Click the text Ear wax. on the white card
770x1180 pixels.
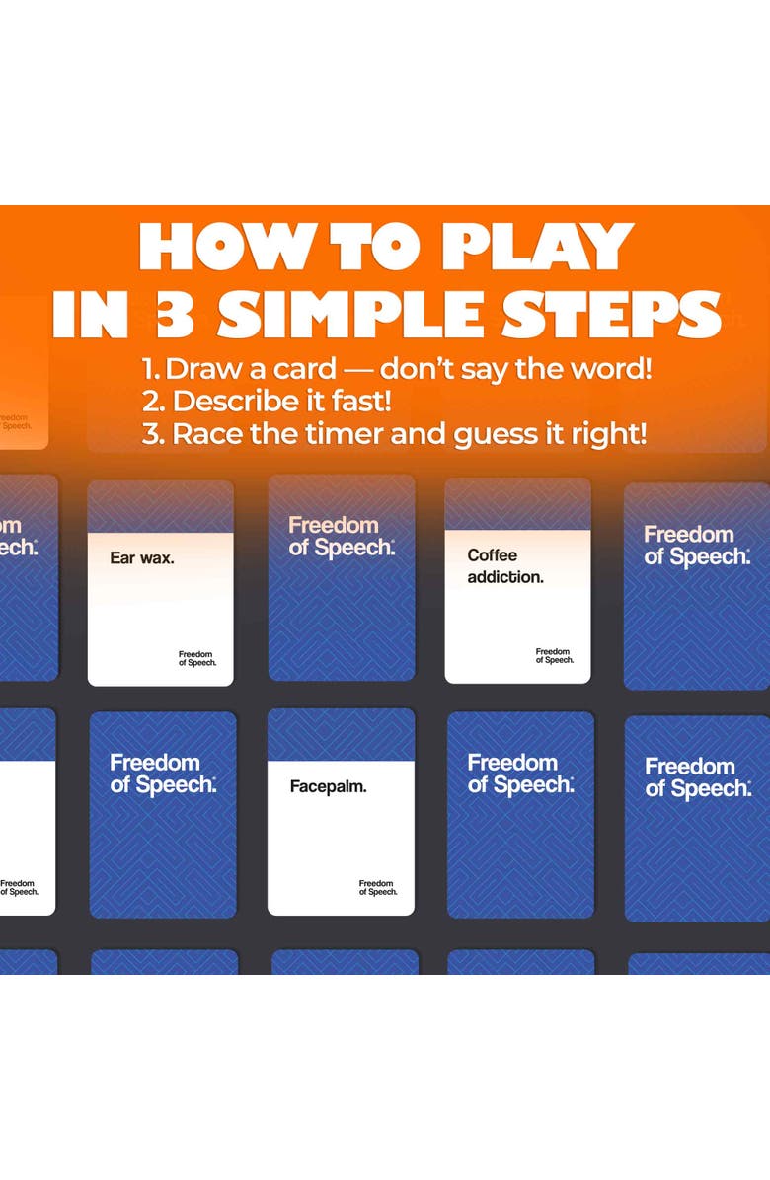tap(142, 557)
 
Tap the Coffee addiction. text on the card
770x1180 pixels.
tap(505, 566)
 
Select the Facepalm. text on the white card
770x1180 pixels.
tap(328, 787)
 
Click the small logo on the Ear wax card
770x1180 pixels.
tap(195, 656)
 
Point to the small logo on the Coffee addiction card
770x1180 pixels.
tap(554, 655)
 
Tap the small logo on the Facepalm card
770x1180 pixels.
tap(377, 888)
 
